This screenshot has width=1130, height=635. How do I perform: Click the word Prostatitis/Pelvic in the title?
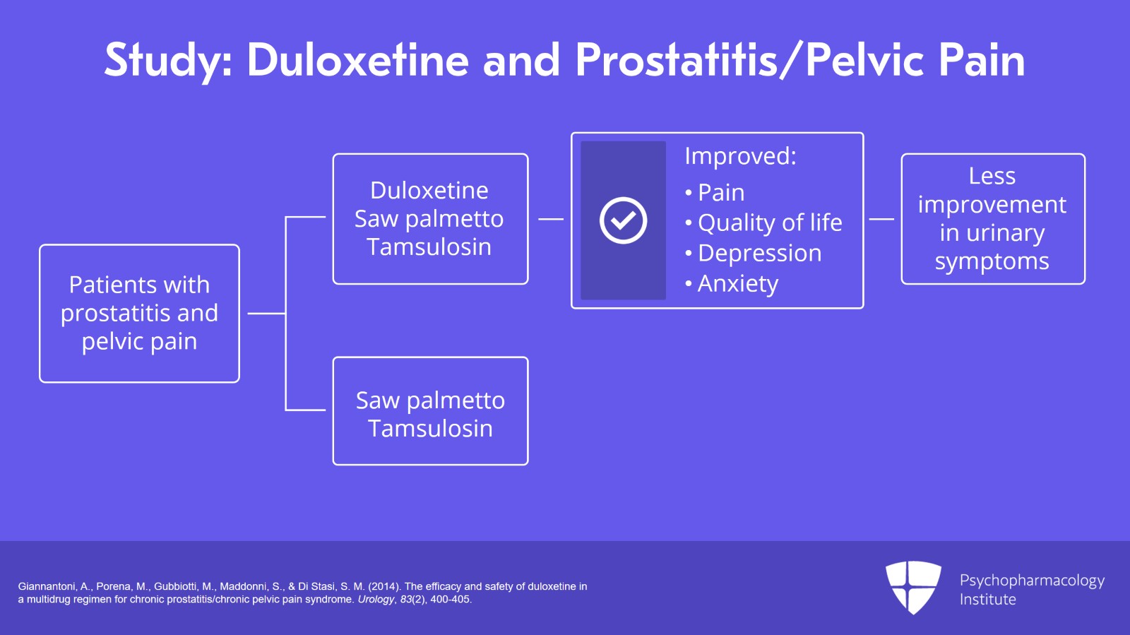click(x=749, y=60)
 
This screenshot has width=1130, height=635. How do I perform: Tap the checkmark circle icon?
click(x=623, y=220)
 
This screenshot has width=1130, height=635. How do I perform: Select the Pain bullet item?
click(x=720, y=192)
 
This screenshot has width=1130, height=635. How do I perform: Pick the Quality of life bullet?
click(x=769, y=222)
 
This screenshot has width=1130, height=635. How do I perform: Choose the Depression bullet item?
click(x=759, y=253)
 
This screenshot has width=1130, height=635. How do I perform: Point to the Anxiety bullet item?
click(x=737, y=283)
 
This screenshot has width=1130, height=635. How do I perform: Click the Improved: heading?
click(x=740, y=156)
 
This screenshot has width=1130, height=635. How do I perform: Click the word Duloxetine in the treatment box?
click(x=429, y=190)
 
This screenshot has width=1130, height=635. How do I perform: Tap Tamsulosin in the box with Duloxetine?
click(x=429, y=247)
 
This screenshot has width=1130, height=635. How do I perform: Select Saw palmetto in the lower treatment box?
click(x=430, y=400)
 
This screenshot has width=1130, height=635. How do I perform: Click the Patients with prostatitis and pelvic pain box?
click(x=139, y=313)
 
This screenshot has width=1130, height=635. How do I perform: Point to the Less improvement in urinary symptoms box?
click(x=992, y=219)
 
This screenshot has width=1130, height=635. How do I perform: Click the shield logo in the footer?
click(x=913, y=587)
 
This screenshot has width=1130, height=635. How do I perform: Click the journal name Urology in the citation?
click(x=376, y=600)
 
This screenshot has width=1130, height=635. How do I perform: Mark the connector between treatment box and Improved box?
click(x=550, y=219)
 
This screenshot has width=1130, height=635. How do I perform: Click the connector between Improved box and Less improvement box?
click(x=881, y=219)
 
